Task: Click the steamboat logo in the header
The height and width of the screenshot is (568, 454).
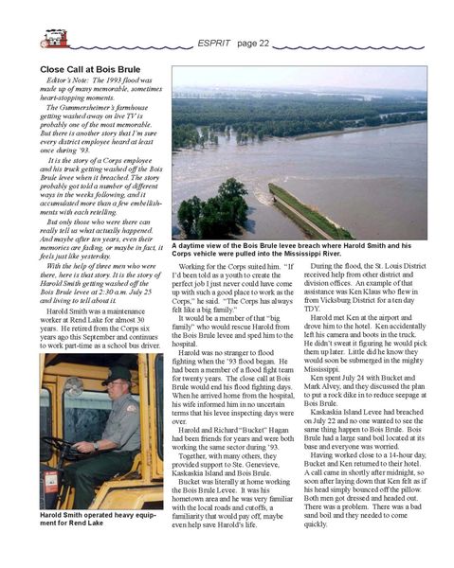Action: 55,38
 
